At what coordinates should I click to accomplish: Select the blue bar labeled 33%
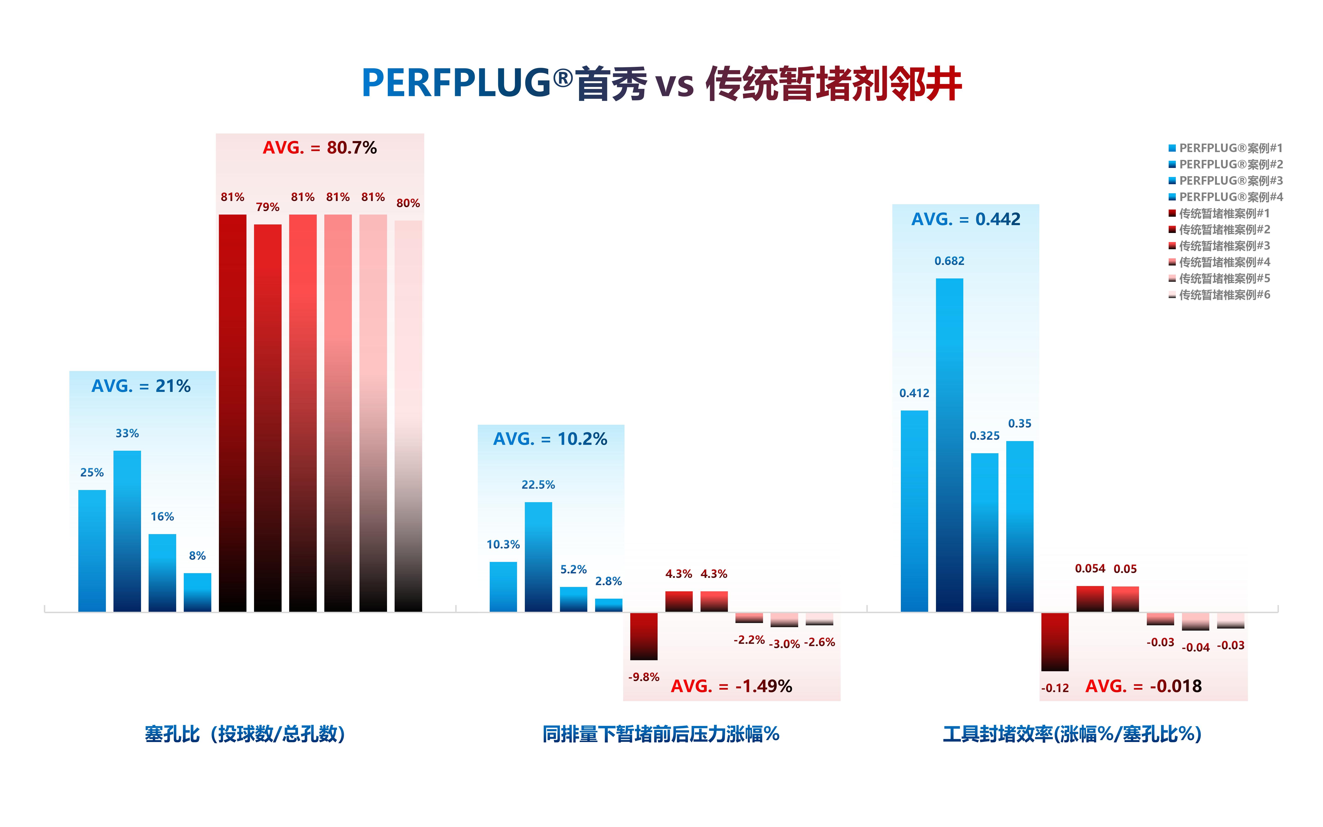(127, 531)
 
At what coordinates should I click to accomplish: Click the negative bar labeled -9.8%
(643, 636)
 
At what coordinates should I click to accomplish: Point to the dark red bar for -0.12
(1054, 642)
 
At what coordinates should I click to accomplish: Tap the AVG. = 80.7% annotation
(320, 148)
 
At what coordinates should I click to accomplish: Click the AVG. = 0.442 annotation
(965, 219)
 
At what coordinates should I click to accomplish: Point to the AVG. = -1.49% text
(732, 686)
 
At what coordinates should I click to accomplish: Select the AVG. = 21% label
(141, 386)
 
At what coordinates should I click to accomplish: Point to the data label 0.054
(1090, 569)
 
